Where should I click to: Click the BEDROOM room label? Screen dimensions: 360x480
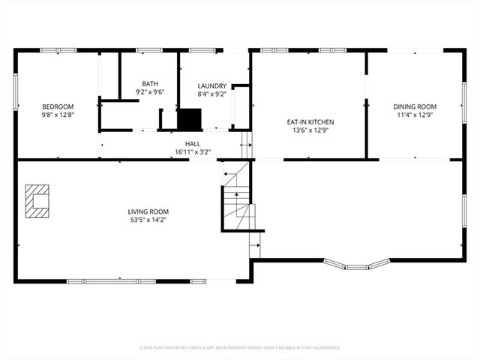pos(57,107)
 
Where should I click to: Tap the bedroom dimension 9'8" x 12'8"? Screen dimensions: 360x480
pos(57,115)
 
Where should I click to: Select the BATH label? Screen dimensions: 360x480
pos(149,84)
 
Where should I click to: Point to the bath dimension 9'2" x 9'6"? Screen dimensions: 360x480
pos(149,92)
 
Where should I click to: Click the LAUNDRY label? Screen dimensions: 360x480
pos(212,86)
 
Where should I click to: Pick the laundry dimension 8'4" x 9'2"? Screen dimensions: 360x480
pos(212,94)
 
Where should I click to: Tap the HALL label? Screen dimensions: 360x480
pos(193,143)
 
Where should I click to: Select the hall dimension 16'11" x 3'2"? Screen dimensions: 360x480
pos(193,151)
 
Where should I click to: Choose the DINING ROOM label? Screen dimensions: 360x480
pos(414,107)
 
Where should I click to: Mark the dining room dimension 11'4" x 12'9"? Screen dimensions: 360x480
pos(414,115)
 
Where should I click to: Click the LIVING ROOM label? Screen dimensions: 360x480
pos(148,212)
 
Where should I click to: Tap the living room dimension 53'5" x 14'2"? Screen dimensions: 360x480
pos(148,220)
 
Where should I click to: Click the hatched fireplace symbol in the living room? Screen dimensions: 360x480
pos(36,200)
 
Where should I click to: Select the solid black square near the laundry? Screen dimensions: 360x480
pos(189,119)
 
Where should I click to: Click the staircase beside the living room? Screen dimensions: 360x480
pos(238,199)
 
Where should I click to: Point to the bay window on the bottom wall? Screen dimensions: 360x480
pos(357,264)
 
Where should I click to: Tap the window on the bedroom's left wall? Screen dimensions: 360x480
pos(16,101)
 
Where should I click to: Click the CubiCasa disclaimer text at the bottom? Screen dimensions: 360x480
pos(240,347)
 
